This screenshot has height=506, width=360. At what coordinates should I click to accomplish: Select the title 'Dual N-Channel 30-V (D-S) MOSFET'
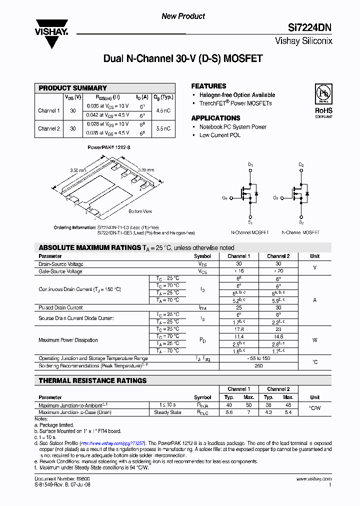(x=182, y=59)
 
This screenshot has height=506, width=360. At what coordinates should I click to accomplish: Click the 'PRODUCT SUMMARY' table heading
(x=73, y=88)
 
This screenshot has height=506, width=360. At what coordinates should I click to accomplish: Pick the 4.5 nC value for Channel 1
(x=163, y=110)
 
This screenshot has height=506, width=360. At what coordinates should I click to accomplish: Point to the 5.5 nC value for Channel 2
(x=163, y=128)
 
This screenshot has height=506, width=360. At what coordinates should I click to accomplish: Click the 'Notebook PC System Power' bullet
(x=232, y=127)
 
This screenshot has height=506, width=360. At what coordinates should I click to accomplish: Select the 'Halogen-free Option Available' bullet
(x=237, y=95)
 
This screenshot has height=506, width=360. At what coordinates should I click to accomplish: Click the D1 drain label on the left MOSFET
(x=251, y=164)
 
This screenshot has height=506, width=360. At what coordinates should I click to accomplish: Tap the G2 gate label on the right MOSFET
(x=275, y=198)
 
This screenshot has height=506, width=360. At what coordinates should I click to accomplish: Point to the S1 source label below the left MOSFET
(x=250, y=222)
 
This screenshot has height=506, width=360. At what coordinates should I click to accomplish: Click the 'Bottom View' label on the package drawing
(x=140, y=211)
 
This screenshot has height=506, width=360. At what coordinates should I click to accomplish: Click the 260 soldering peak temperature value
(x=258, y=365)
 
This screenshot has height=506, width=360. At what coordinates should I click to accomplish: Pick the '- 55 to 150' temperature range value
(x=258, y=358)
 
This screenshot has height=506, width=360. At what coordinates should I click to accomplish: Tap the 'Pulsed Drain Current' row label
(x=61, y=307)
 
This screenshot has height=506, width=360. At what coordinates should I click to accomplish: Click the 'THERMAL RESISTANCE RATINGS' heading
(x=93, y=380)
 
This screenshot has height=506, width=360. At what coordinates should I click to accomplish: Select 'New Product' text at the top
(x=183, y=16)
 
